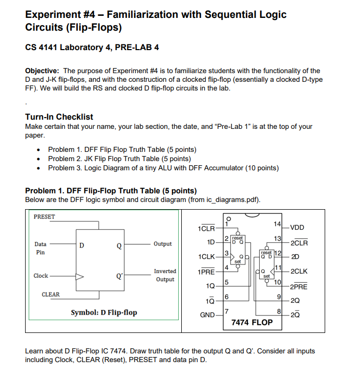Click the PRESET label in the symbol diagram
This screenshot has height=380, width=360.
tap(44, 217)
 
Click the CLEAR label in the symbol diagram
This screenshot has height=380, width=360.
tap(51, 295)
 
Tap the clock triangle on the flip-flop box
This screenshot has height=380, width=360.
tap(79, 276)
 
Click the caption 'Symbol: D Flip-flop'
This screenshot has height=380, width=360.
tap(104, 312)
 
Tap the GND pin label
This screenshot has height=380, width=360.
tap(207, 315)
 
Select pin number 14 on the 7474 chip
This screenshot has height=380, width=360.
tap(277, 224)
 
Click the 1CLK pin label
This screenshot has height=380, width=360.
tap(205, 256)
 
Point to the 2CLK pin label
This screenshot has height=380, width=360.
tap(299, 272)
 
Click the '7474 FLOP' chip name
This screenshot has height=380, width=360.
tap(252, 323)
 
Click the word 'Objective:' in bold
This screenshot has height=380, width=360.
tap(43, 71)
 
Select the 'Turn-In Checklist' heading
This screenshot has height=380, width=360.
tap(59, 117)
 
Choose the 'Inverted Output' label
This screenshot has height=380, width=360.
tap(165, 275)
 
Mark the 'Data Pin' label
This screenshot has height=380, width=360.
tap(40, 249)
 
